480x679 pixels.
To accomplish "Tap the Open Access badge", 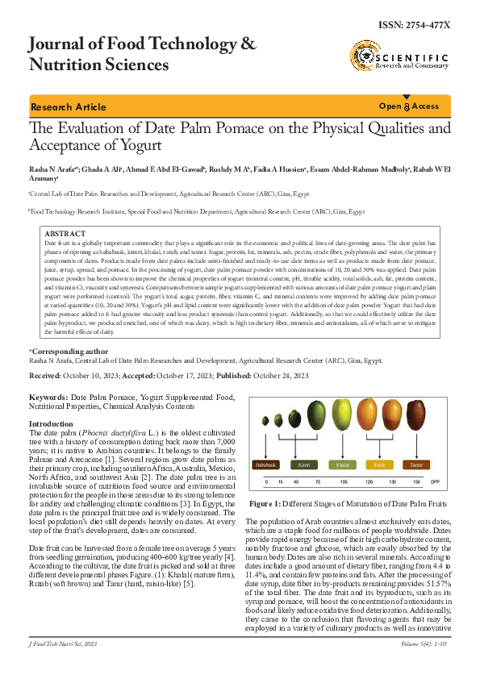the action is point(408,106).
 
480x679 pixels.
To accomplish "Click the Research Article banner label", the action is point(68,107).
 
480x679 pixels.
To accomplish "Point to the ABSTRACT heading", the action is point(64,233).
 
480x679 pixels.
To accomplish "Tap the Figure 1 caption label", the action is point(269,502).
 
